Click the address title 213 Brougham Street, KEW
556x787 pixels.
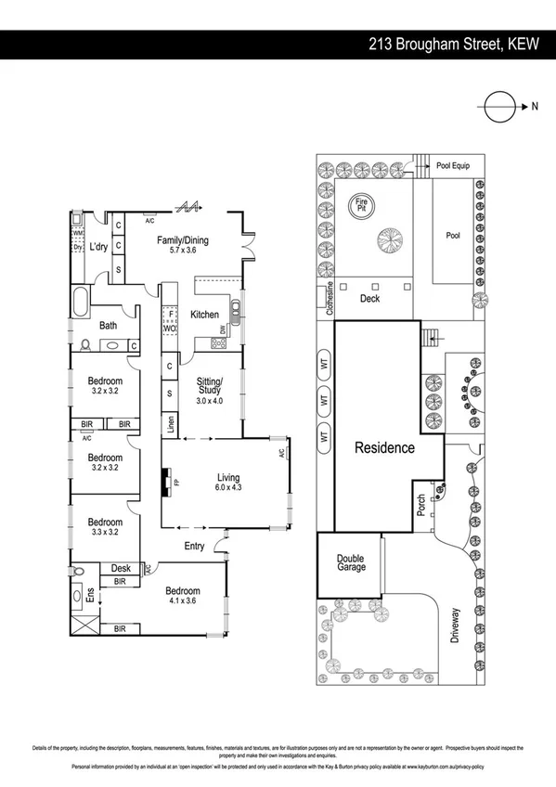(453, 44)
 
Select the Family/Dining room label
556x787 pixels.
(182, 246)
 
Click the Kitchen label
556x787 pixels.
(204, 315)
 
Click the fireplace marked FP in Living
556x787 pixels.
(167, 484)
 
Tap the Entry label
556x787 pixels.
(195, 546)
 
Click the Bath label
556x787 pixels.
(109, 325)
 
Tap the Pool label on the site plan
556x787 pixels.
(452, 236)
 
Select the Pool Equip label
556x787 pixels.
(453, 165)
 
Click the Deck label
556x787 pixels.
(370, 299)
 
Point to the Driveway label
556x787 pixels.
(454, 627)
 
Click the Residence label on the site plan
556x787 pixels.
(385, 447)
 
